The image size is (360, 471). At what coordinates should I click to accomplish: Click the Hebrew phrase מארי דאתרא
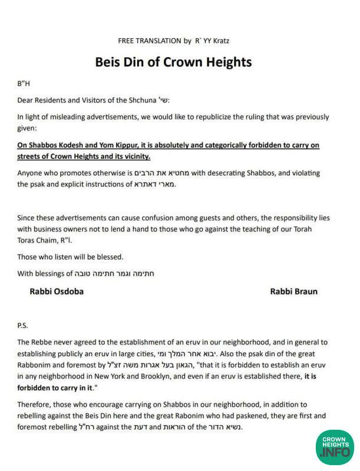[x=156, y=184]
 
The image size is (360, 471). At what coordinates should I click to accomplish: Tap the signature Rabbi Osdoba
[x=57, y=291]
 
